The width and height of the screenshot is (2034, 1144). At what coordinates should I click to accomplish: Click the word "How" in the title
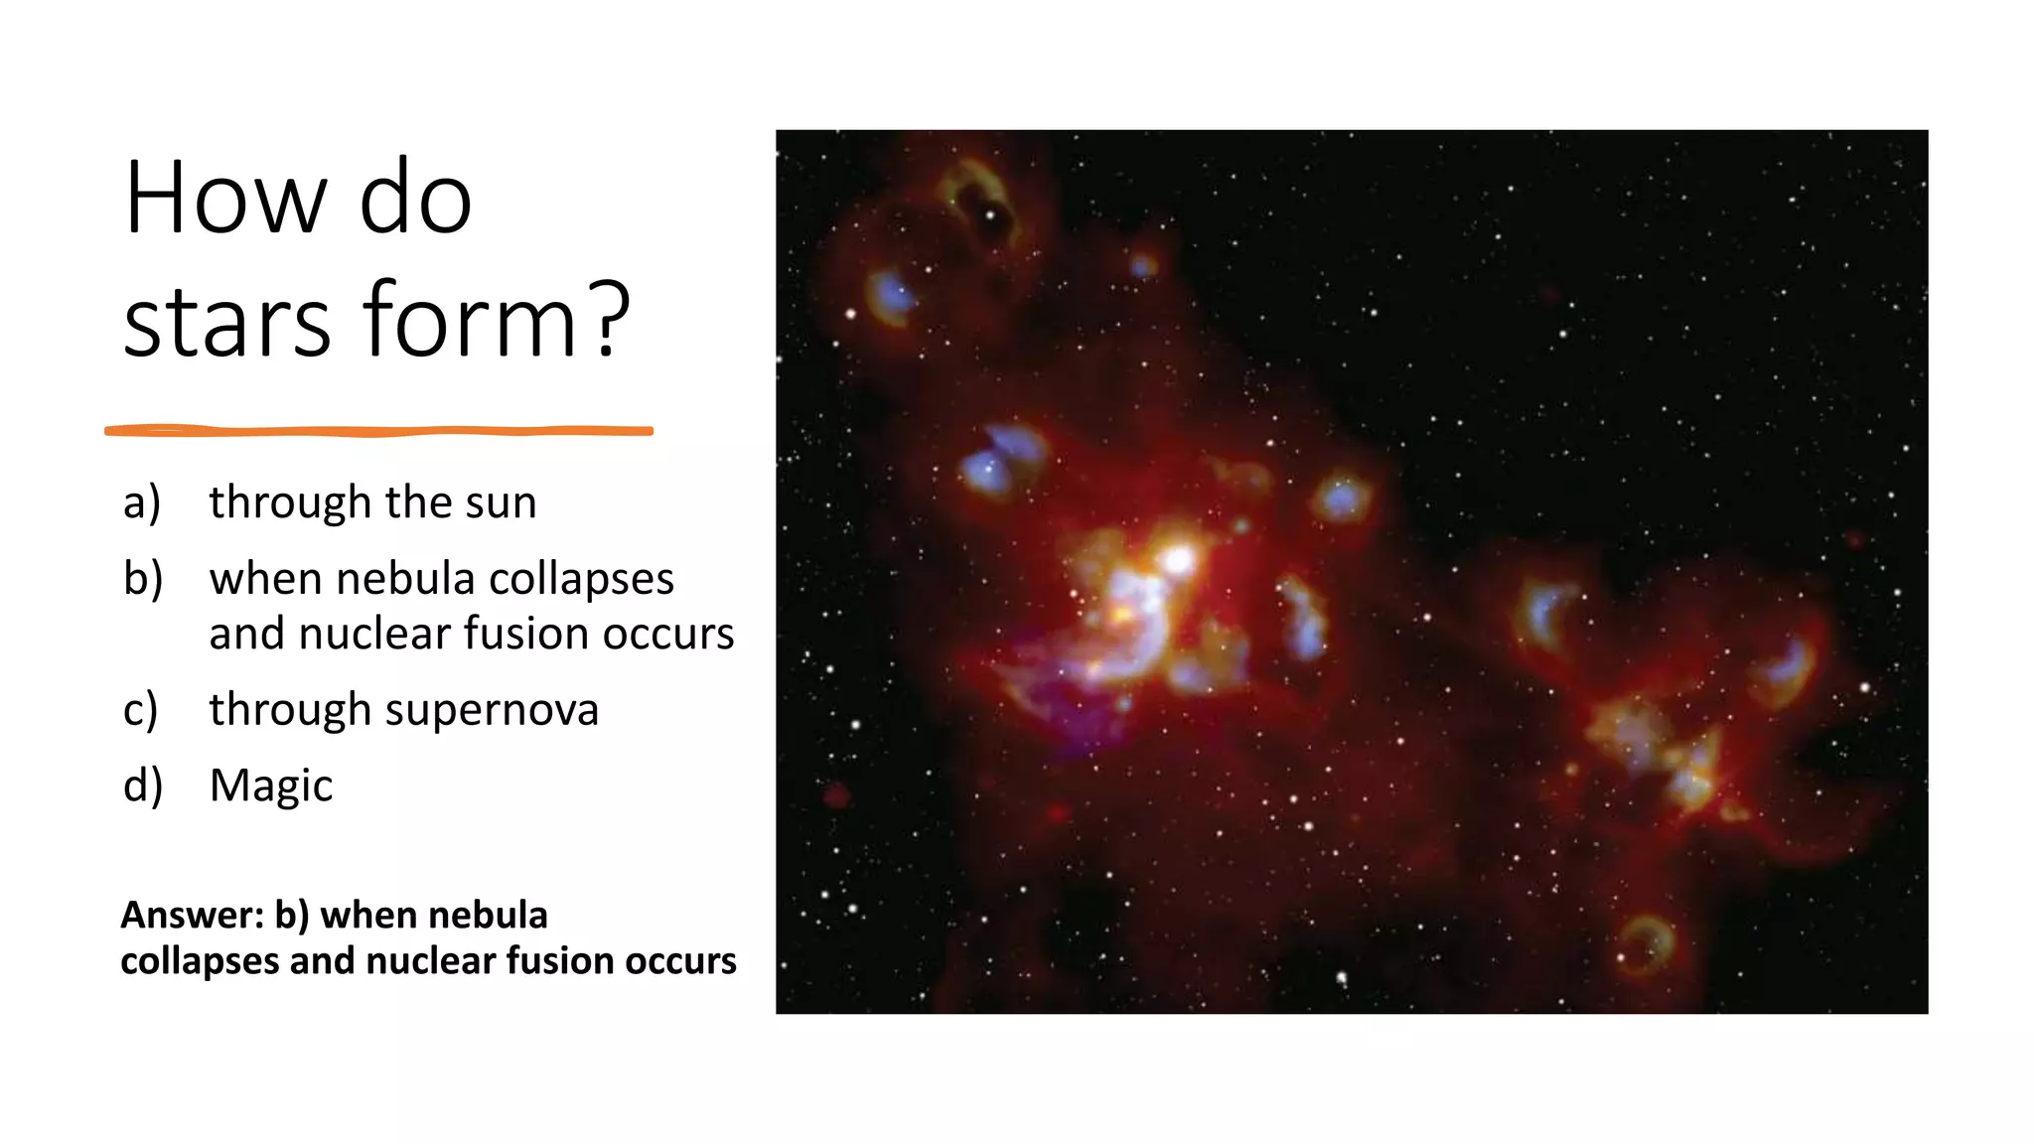tap(225, 199)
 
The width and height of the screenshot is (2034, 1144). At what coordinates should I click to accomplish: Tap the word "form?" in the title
tap(496, 321)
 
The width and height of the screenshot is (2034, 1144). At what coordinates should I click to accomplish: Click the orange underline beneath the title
tap(378, 431)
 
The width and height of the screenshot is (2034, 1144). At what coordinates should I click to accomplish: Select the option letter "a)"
tap(142, 502)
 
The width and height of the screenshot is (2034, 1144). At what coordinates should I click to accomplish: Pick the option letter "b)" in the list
tap(143, 579)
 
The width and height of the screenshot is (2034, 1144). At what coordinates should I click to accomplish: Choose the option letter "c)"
tap(141, 710)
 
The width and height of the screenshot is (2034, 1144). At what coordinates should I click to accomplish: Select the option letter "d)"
tap(143, 786)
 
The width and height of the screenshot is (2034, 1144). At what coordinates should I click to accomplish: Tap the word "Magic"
tap(271, 786)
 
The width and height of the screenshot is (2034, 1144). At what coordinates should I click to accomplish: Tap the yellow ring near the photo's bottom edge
tap(1646, 942)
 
